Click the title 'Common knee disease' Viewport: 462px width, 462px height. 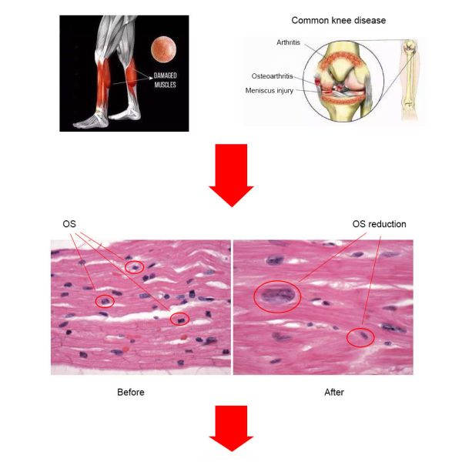point(339,20)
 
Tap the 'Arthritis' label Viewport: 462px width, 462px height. point(288,42)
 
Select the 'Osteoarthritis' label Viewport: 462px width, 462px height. point(272,76)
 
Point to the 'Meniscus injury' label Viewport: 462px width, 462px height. point(269,90)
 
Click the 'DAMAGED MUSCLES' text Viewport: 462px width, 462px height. point(165,80)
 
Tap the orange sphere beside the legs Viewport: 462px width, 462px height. point(164,49)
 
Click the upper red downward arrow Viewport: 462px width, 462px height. point(231,176)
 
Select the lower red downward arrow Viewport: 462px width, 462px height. point(231,428)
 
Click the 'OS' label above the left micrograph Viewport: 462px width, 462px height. point(69,224)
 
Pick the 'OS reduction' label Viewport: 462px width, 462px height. point(379,224)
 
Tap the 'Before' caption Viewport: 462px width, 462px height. point(131,392)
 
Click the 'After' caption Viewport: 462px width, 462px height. point(334,392)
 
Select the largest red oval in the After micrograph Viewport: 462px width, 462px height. point(277,281)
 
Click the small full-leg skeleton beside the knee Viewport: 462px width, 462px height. point(410,79)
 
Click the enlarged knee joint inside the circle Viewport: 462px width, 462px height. point(343,81)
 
